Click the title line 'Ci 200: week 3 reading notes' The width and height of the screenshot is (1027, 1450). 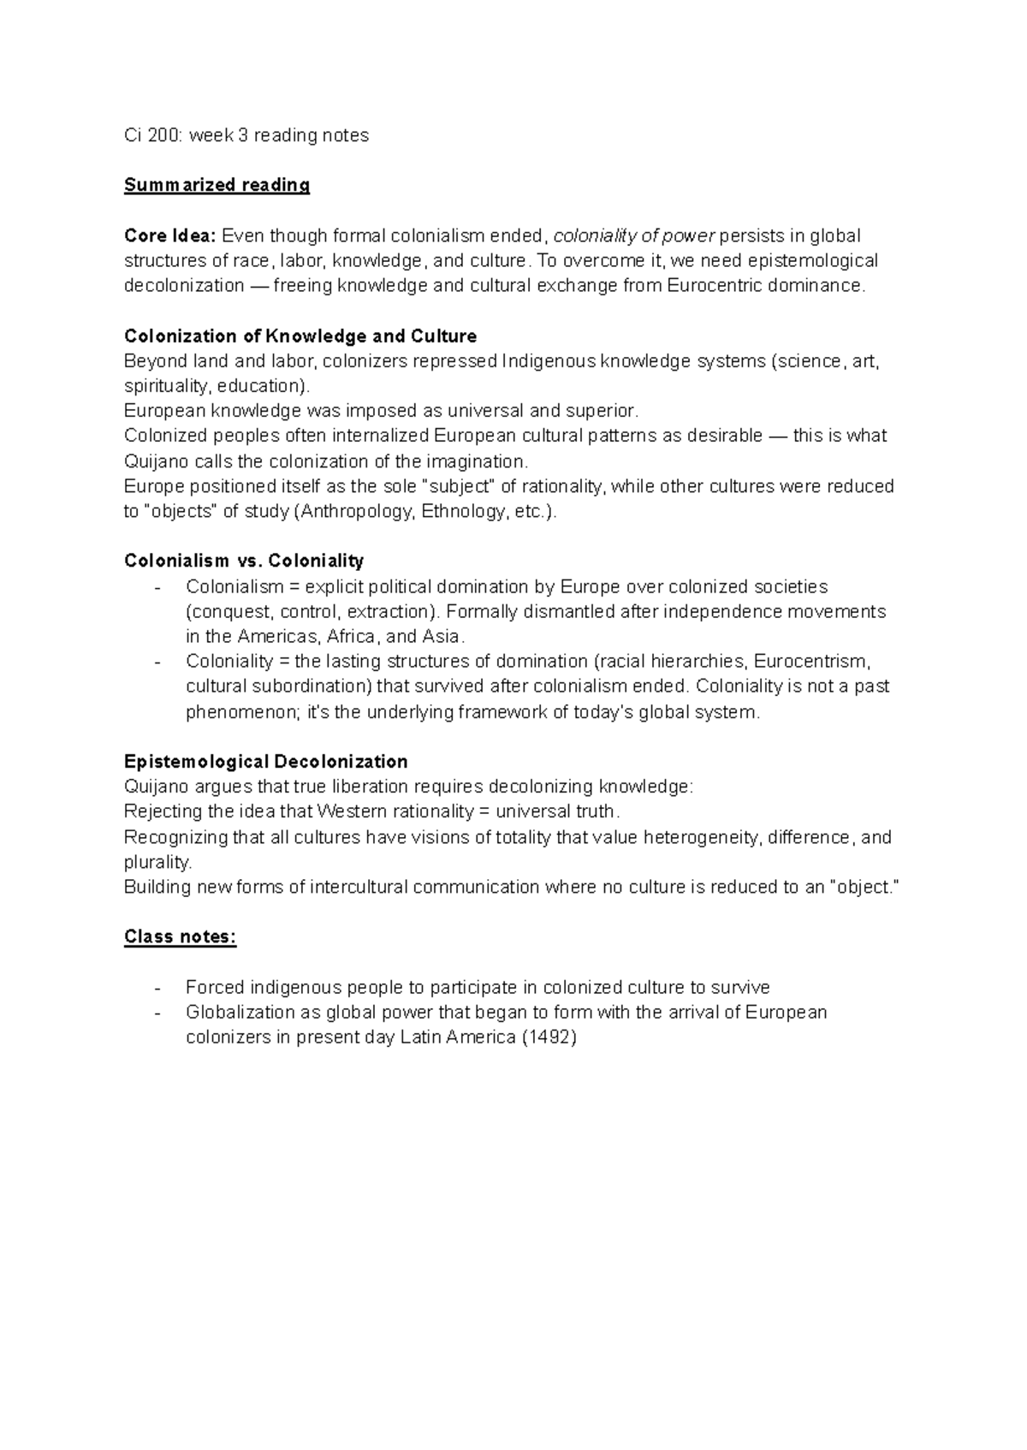click(x=246, y=135)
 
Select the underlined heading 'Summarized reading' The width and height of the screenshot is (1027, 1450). click(x=217, y=185)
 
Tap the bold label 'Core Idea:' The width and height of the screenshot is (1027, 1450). click(x=169, y=235)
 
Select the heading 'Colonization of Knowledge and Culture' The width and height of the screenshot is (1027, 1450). click(x=300, y=336)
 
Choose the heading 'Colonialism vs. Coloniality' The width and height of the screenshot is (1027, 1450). click(x=244, y=561)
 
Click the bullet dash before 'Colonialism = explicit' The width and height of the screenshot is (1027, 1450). click(x=157, y=587)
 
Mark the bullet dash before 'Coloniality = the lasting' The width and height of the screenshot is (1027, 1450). click(x=157, y=662)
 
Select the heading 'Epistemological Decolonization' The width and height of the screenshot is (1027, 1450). click(x=265, y=762)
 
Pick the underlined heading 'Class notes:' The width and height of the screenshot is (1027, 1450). click(x=180, y=936)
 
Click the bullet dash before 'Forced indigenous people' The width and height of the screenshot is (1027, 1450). click(x=157, y=988)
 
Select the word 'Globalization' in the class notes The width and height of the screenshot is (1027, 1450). click(x=240, y=1013)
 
